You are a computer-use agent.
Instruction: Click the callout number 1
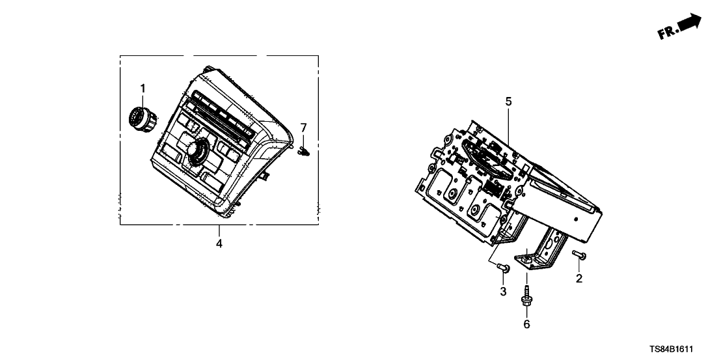[143, 88]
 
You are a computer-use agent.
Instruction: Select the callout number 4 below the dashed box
[219, 243]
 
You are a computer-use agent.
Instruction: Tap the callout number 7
[303, 127]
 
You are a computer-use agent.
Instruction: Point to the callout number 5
[508, 102]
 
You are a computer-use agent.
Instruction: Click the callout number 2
[579, 278]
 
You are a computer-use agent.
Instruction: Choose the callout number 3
[503, 291]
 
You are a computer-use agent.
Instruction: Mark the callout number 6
[526, 325]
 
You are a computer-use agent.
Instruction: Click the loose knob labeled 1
[143, 118]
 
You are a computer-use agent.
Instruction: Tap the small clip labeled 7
[304, 150]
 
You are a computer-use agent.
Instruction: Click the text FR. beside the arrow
[668, 32]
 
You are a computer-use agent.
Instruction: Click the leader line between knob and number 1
[143, 100]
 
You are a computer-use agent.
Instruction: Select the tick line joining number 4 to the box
[219, 231]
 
